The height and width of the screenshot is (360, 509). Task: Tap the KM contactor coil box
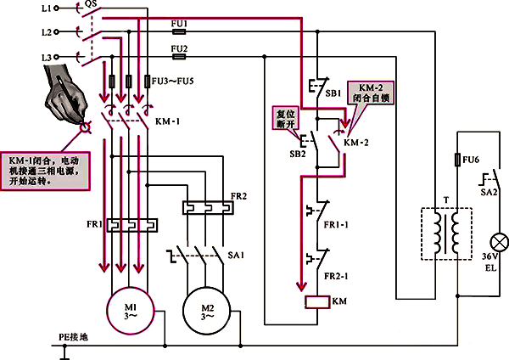coord(316,300)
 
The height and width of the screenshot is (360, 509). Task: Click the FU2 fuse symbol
coord(179,57)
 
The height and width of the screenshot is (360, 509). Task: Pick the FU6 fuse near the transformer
coord(456,160)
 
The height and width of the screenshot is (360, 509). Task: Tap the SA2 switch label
coord(489,193)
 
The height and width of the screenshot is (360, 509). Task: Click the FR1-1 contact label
coord(337,226)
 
